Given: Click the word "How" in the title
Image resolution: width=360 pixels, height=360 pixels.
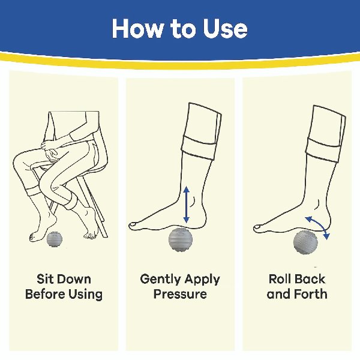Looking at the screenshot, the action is click(137, 28).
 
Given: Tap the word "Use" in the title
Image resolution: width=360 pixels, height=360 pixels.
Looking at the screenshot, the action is click(225, 28).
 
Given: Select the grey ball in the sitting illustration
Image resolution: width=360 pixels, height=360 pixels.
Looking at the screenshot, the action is click(54, 239).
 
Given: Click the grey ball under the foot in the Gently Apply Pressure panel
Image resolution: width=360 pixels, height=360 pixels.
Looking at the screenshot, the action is click(180, 239).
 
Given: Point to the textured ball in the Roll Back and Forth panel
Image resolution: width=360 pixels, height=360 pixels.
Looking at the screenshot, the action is click(305, 242).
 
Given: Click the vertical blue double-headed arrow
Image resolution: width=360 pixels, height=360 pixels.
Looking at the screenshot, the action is click(187, 205).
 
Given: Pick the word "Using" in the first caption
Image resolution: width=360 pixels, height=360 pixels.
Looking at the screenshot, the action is click(85, 295).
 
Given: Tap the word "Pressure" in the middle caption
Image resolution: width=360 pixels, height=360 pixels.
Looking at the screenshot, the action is click(180, 293).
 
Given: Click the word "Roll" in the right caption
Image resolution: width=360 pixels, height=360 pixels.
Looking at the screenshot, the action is click(280, 279).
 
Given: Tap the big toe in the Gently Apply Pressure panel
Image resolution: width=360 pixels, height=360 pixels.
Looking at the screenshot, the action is click(133, 226).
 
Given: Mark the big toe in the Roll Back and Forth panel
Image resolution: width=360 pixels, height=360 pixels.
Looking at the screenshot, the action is click(258, 228).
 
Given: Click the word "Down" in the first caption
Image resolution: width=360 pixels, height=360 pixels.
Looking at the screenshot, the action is click(73, 279).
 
